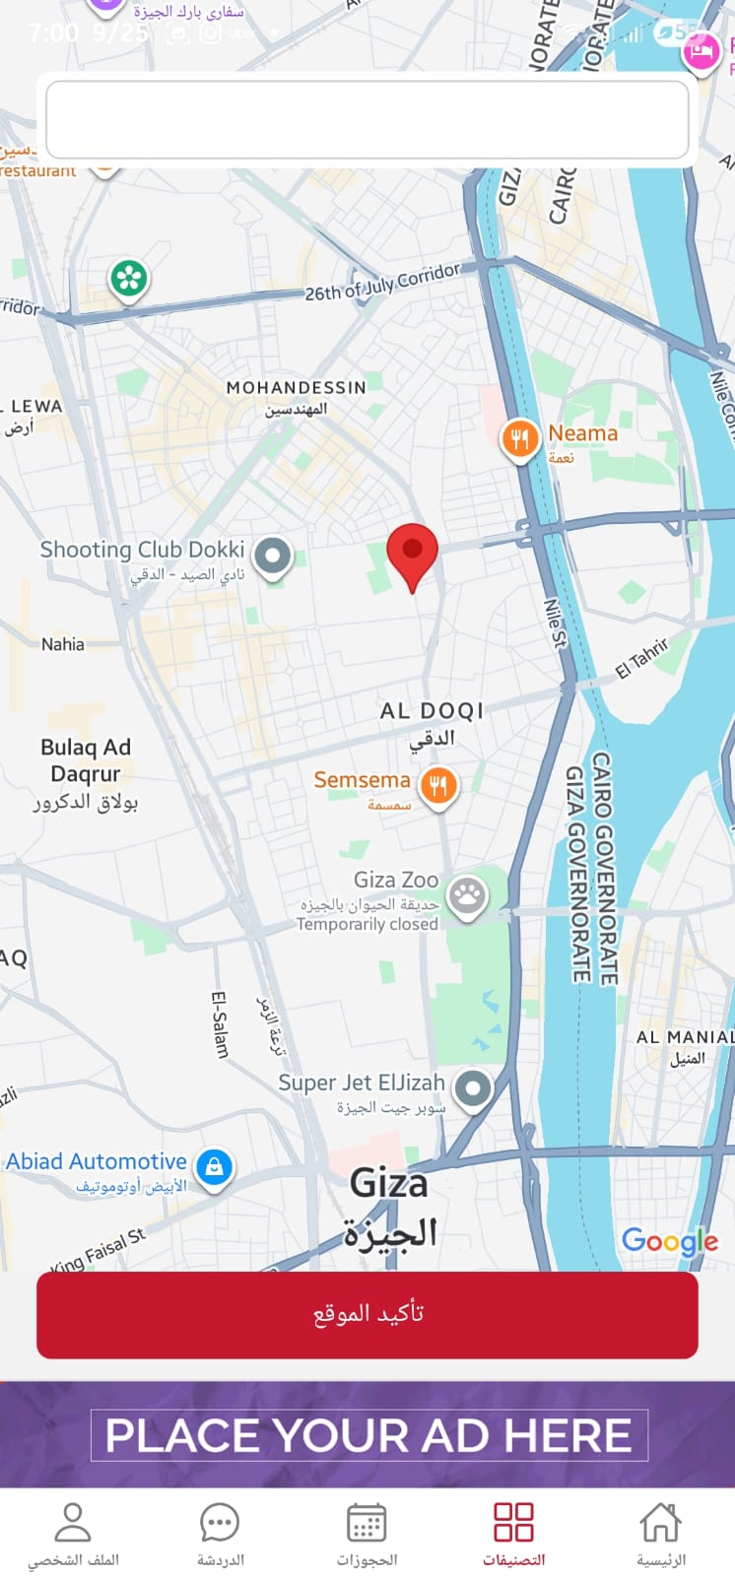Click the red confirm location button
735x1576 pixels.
(x=367, y=1314)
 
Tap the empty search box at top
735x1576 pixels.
(x=367, y=119)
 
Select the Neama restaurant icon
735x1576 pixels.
(x=519, y=438)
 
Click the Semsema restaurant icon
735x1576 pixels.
(x=438, y=786)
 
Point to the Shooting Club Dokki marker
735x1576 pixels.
(x=273, y=556)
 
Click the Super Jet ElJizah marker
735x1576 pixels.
(x=473, y=1088)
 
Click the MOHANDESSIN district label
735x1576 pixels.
(x=296, y=388)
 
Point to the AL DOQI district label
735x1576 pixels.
(x=432, y=711)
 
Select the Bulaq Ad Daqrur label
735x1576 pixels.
(x=86, y=760)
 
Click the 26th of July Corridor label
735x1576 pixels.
(x=381, y=282)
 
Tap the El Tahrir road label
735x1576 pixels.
(x=642, y=658)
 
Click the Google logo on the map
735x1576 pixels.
(x=669, y=1241)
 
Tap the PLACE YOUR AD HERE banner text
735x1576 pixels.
(x=368, y=1435)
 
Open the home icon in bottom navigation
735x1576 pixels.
(x=660, y=1523)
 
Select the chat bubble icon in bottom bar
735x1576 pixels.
(x=220, y=1523)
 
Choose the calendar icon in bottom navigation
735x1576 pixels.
(x=367, y=1523)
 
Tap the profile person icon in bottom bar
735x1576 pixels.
(x=73, y=1523)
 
